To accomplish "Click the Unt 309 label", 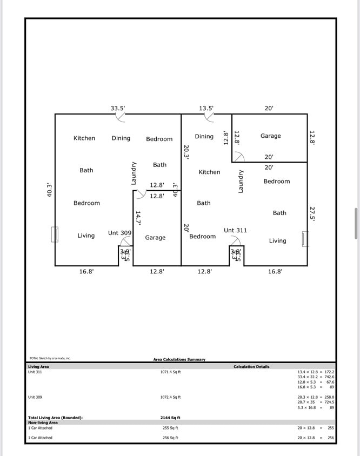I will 119,233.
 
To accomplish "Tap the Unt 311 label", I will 235,230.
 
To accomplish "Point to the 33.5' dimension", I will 118,108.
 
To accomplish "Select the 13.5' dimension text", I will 206,108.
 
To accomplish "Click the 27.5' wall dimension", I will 312,213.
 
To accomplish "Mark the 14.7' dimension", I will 138,218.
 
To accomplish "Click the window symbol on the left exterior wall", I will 55,234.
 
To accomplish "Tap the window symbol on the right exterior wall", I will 306,239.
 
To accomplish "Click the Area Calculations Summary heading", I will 179,359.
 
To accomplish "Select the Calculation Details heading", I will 251,367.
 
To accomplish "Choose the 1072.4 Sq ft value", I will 170,397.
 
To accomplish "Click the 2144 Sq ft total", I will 170,418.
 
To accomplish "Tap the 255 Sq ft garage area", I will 170,428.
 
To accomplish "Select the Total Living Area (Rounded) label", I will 55,418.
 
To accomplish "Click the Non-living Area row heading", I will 43,423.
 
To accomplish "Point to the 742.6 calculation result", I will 329,377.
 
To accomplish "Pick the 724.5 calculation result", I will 329,402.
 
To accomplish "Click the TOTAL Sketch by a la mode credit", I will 50,358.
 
